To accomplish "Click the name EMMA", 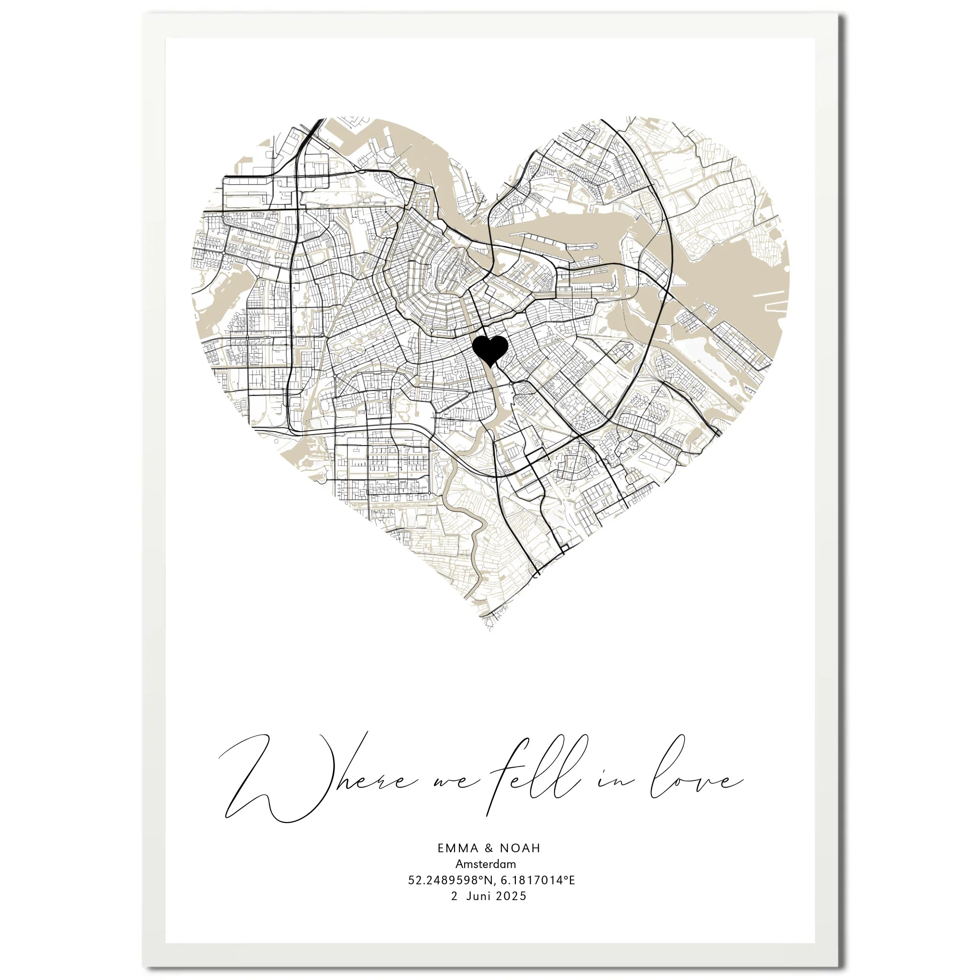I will (x=458, y=848).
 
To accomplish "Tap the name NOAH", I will (x=521, y=848).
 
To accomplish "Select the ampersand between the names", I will (x=489, y=848).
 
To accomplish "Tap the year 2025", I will (x=512, y=896).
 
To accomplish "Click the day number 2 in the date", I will (x=454, y=896).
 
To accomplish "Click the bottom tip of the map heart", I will (x=490, y=629).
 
